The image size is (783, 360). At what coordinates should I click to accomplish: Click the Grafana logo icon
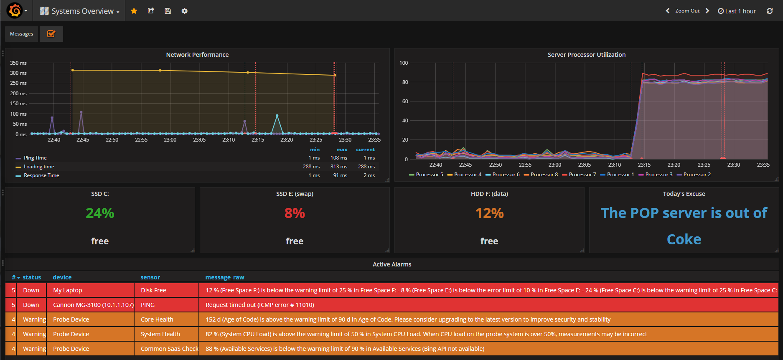(15, 10)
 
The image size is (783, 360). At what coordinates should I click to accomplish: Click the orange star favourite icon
(134, 11)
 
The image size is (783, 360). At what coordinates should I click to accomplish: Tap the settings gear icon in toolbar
(184, 11)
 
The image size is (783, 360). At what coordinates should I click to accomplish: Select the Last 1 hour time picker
(737, 11)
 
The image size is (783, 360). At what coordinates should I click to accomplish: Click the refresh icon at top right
(770, 11)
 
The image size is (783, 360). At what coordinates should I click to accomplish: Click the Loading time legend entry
(39, 167)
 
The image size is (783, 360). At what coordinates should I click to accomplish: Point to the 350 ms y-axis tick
(18, 63)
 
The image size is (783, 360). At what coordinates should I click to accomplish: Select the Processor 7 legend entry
(582, 175)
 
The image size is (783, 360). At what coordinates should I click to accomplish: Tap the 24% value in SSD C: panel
(100, 213)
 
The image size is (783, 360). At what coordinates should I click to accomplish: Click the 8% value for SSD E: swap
(295, 213)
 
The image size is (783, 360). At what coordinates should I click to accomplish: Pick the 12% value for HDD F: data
(489, 213)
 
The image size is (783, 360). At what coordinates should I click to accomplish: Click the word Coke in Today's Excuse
(684, 239)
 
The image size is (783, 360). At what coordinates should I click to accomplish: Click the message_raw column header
(225, 277)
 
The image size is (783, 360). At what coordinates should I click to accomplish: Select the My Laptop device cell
(68, 290)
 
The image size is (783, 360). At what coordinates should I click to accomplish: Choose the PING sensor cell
(148, 305)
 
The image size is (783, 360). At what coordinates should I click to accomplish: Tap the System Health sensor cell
(160, 334)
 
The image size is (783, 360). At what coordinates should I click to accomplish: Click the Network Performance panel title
(197, 55)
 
